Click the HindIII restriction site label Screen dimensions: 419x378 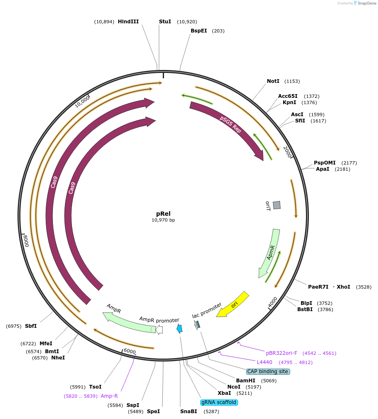[128, 22]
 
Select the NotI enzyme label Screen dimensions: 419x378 [273, 81]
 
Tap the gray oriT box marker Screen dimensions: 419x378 [276, 205]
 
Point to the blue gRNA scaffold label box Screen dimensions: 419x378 [219, 402]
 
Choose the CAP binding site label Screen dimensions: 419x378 [268, 372]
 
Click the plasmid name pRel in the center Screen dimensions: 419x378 [163, 214]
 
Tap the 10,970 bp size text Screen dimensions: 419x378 [163, 220]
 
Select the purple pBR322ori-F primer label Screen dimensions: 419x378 [281, 353]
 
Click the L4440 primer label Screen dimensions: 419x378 [264, 362]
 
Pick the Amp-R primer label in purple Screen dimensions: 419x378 [109, 396]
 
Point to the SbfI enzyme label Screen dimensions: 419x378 [31, 326]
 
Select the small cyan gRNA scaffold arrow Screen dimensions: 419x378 [179, 329]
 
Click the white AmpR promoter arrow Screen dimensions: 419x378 [159, 330]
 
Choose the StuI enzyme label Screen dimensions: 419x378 [165, 22]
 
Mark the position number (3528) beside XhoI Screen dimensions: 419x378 [363, 287]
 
